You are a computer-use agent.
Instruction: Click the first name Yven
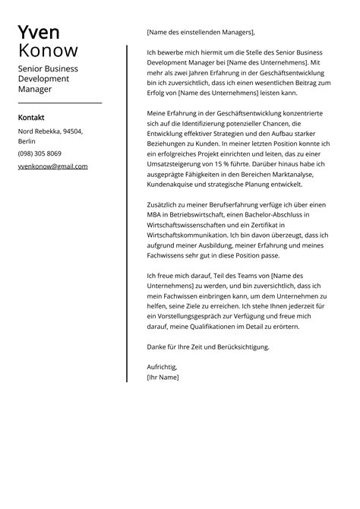coord(39,33)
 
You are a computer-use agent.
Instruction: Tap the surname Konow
coord(48,52)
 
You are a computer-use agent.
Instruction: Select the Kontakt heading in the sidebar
coord(31,118)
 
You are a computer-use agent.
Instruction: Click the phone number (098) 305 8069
coord(40,153)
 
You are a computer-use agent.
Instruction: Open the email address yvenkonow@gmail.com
coord(52,166)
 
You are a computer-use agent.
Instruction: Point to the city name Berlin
coord(27,142)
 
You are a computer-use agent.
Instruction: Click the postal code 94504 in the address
coord(72,131)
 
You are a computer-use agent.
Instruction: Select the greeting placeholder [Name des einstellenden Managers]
coord(200,33)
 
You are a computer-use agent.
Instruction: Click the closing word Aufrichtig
coord(161,367)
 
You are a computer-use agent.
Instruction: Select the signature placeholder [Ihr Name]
coord(163,378)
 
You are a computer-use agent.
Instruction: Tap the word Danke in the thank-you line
coord(157,346)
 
